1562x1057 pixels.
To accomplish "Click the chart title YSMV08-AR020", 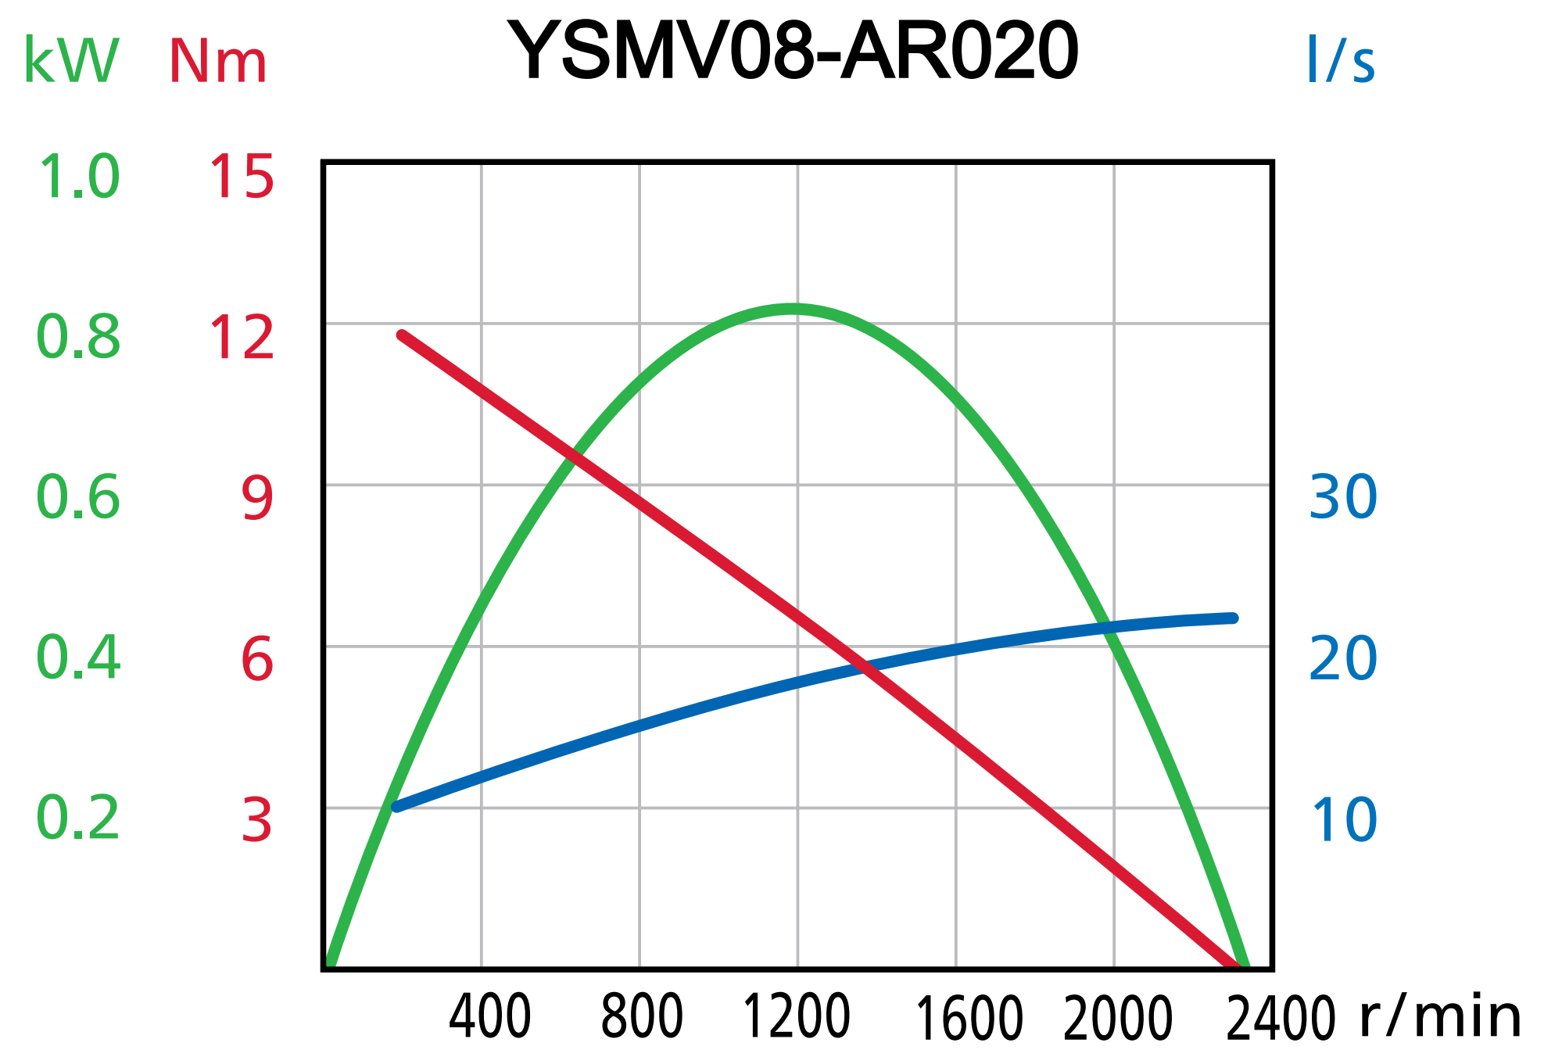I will [793, 52].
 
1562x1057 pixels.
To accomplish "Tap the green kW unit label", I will [71, 61].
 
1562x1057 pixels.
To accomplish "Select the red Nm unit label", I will [218, 63].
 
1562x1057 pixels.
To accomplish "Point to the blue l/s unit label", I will [1340, 61].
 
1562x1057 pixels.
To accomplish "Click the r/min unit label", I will [1440, 1017].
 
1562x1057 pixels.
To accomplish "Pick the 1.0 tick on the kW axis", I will [78, 177].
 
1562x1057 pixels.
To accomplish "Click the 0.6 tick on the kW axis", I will [78, 498].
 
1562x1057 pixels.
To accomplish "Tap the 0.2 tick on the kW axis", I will [78, 819].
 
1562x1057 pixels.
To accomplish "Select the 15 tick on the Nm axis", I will [242, 177].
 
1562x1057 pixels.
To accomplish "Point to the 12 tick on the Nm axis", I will [242, 339].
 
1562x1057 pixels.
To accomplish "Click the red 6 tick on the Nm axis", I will [257, 659].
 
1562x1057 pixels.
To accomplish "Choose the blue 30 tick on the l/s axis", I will [1342, 497].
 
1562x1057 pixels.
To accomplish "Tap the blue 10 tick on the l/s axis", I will [1342, 820].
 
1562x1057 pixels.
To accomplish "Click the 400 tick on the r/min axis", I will [490, 1017].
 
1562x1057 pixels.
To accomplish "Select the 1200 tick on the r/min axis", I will [796, 1017].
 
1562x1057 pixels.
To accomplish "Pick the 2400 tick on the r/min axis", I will [1281, 1019].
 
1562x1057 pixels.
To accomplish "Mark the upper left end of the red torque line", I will [402, 335].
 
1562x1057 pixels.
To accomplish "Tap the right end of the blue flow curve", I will [1233, 618].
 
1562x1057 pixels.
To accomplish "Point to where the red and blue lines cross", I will [863, 666].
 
